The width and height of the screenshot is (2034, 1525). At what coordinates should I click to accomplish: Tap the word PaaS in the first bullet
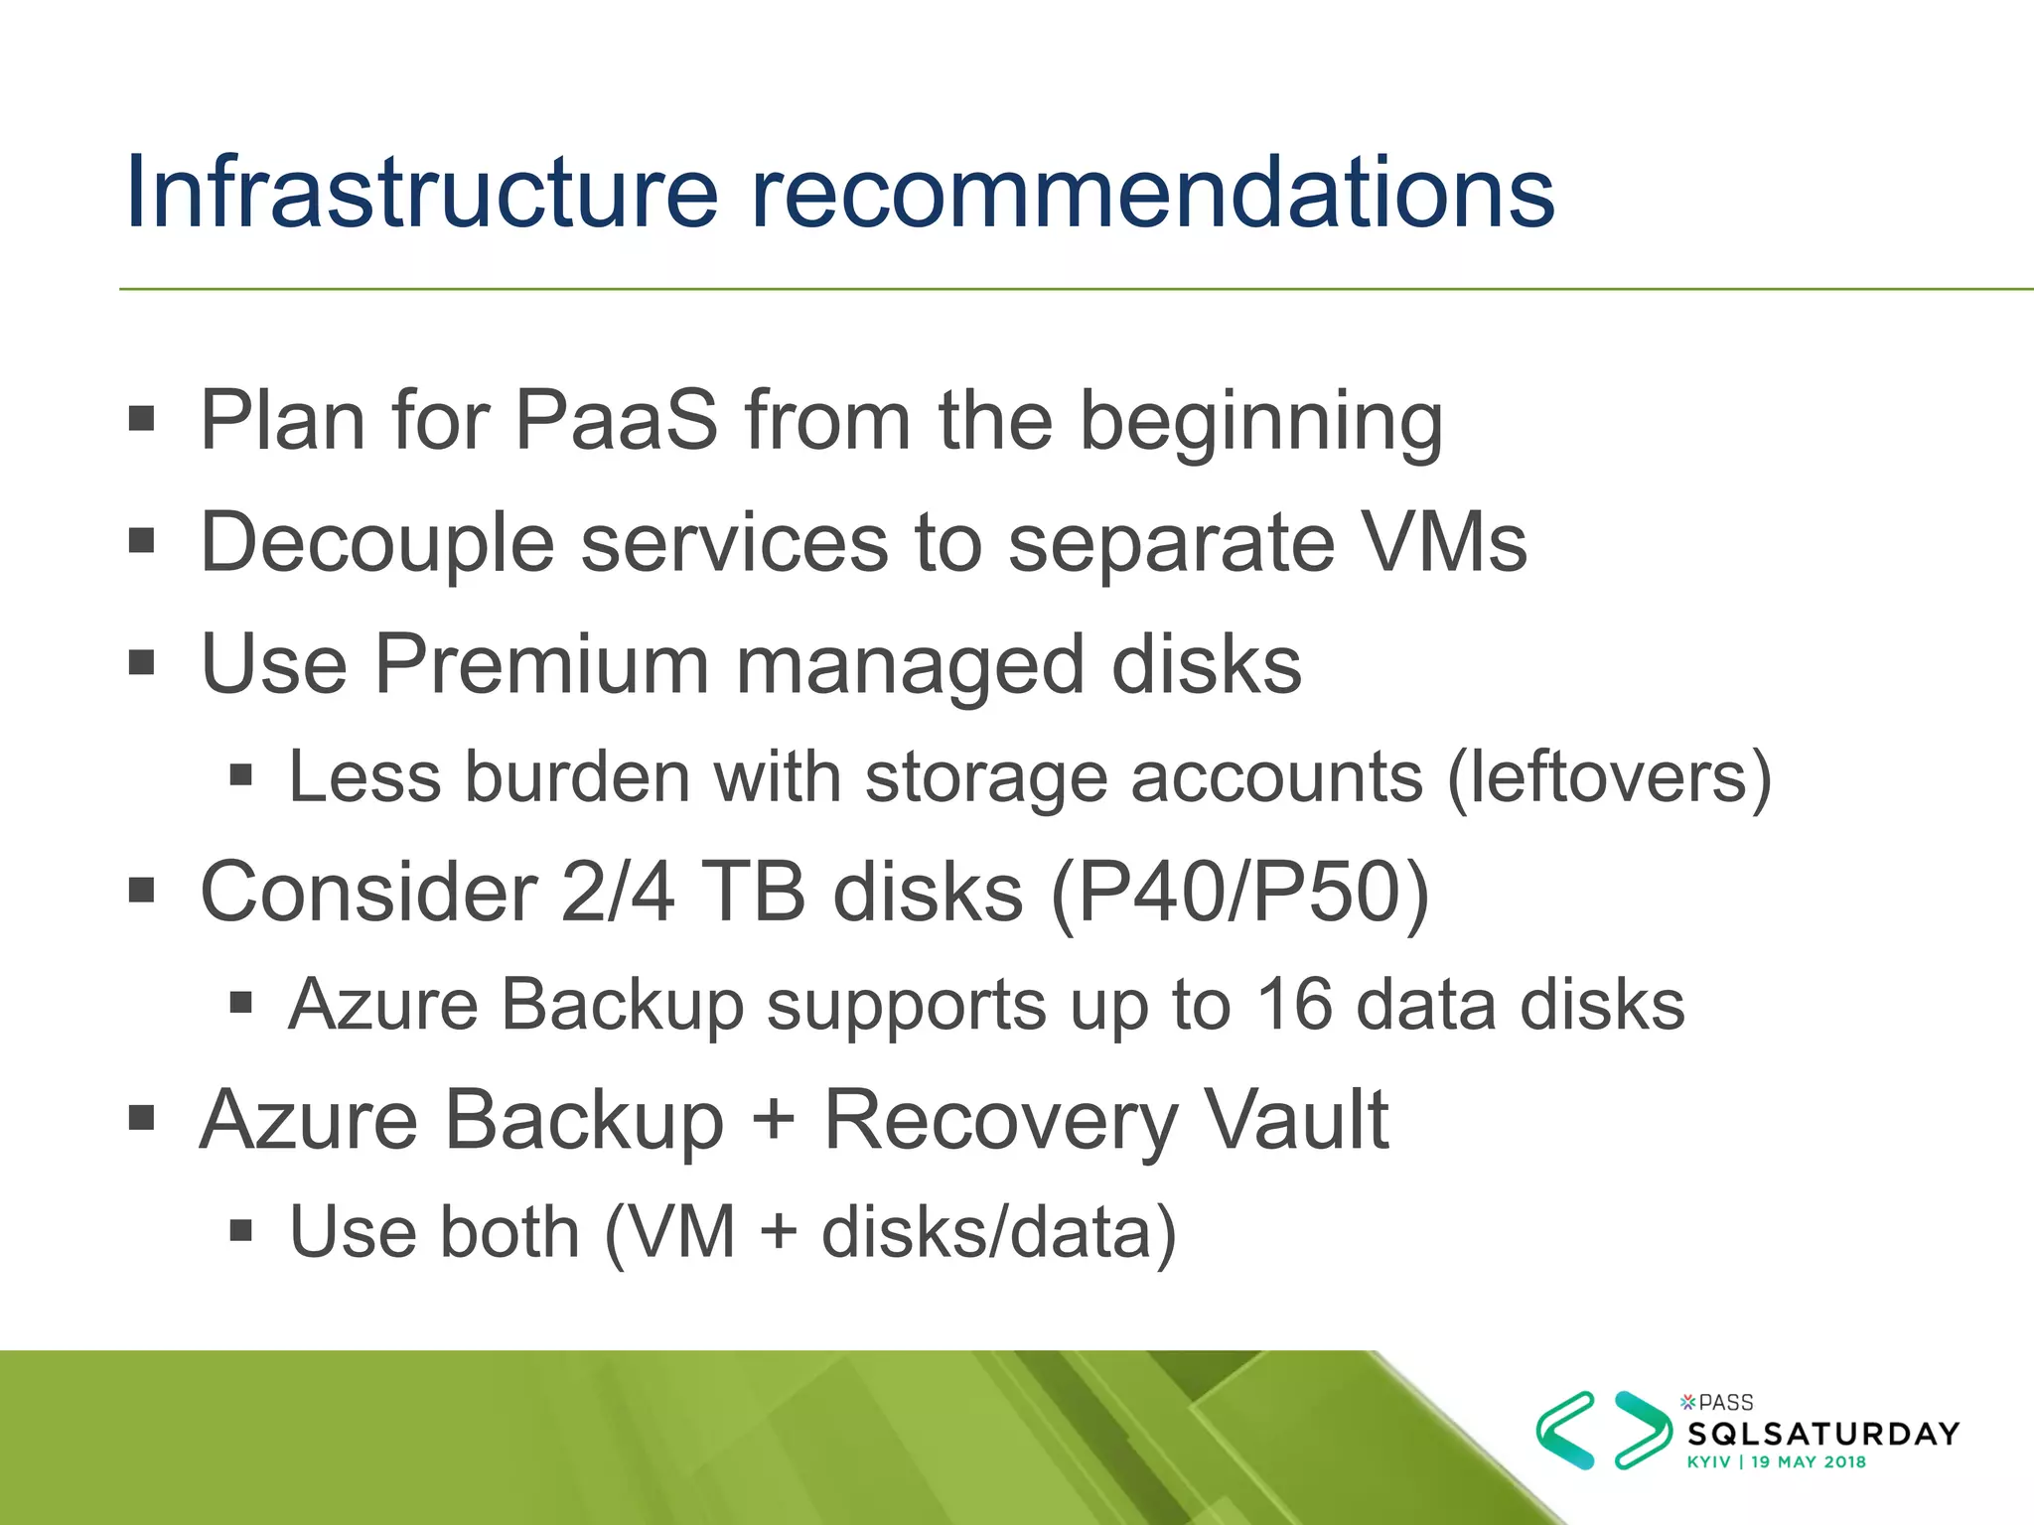pyautogui.click(x=616, y=421)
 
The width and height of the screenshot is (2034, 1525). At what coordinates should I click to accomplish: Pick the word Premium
pyautogui.click(x=540, y=664)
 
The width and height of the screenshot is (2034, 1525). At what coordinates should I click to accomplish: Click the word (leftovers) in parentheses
pyautogui.click(x=1609, y=777)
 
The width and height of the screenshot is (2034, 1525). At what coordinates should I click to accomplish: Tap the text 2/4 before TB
pyautogui.click(x=617, y=892)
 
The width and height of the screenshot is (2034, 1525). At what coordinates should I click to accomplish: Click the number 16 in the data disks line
pyautogui.click(x=1293, y=1004)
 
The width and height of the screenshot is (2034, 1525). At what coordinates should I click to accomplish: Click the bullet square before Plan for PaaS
pyautogui.click(x=142, y=418)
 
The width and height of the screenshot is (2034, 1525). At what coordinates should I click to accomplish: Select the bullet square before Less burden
pyautogui.click(x=240, y=774)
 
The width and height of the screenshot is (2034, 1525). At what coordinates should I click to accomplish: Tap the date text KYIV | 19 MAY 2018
pyautogui.click(x=1776, y=1462)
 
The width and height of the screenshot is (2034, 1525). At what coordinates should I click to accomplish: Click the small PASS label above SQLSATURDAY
pyautogui.click(x=1725, y=1402)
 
